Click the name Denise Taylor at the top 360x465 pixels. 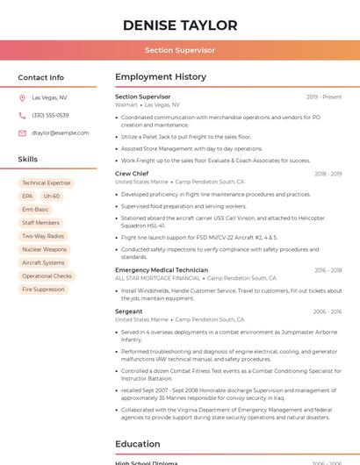(x=180, y=25)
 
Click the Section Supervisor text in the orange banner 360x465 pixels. (x=180, y=50)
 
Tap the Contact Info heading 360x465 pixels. (x=41, y=77)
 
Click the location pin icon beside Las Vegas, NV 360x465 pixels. (x=22, y=97)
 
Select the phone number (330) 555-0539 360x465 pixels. (x=50, y=115)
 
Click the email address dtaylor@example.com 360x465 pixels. (x=61, y=132)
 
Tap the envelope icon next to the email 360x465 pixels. (x=22, y=132)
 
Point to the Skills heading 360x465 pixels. (x=28, y=160)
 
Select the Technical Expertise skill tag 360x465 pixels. (x=46, y=183)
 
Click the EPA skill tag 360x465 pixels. (x=27, y=197)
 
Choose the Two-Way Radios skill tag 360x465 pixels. (x=43, y=236)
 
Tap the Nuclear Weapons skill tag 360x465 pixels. (x=44, y=249)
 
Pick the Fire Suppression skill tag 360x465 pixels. (x=43, y=289)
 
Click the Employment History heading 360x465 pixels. (x=160, y=77)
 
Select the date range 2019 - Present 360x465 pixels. (x=324, y=97)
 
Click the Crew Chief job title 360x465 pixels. (x=132, y=174)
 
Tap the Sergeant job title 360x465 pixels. (x=128, y=311)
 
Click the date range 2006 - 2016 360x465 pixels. (x=328, y=311)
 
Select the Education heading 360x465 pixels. (x=138, y=444)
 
